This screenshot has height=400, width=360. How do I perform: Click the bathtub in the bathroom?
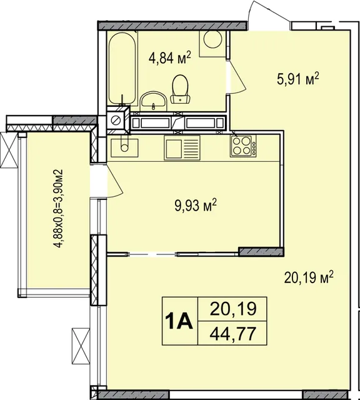[x=122, y=68]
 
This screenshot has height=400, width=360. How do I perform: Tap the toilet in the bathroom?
[x=181, y=89]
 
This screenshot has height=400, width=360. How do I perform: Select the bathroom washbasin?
[x=154, y=100]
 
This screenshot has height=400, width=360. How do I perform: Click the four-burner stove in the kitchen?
[x=243, y=146]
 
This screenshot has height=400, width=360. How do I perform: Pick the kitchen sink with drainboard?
[x=182, y=147]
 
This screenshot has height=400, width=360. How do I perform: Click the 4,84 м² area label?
[x=170, y=57]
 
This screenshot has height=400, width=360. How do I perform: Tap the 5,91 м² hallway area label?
[x=297, y=79]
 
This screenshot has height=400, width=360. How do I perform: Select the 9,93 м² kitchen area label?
[x=196, y=206]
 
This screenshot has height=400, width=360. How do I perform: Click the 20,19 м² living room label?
[x=309, y=277]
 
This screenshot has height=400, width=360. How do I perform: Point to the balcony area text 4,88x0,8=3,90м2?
[x=59, y=208]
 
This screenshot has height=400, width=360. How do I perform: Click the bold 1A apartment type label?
[x=179, y=321]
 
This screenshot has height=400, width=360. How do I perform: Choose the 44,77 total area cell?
[x=232, y=333]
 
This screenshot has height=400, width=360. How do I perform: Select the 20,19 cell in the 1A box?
[x=232, y=309]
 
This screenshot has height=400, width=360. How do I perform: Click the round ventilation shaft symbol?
[x=116, y=120]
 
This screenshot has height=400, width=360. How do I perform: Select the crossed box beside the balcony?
[x=9, y=150]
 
